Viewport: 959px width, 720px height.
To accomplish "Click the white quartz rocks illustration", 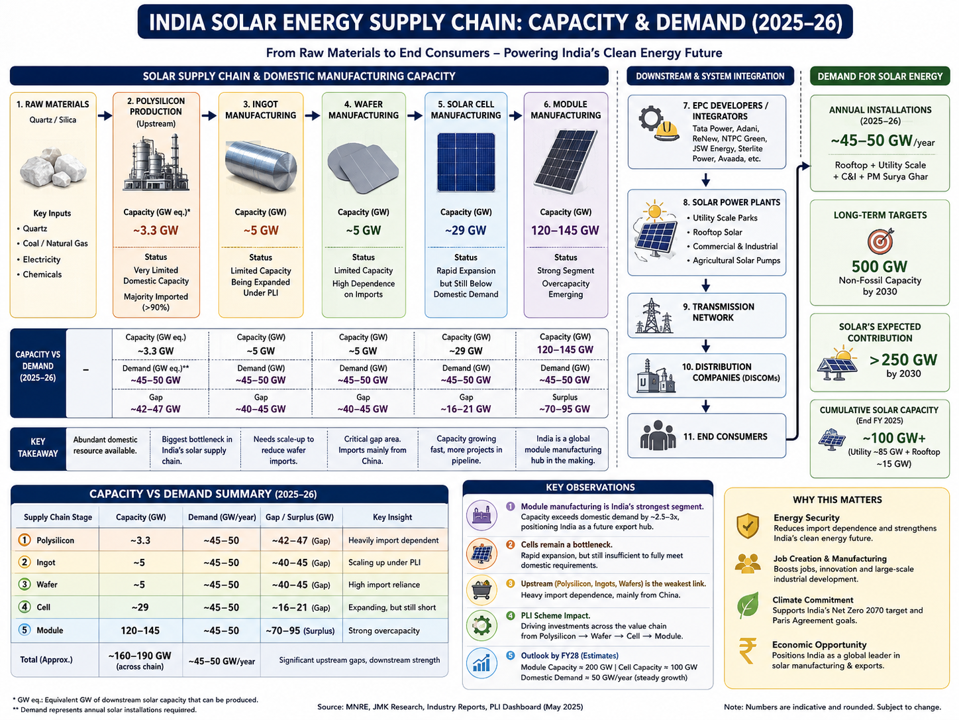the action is tap(53, 167).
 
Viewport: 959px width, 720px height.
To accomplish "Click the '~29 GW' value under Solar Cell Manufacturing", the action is tap(466, 230).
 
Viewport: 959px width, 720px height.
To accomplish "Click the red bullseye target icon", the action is tap(880, 241).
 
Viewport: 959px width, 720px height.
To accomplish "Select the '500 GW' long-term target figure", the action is tap(880, 267).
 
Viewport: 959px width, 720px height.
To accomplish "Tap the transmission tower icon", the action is tap(653, 316).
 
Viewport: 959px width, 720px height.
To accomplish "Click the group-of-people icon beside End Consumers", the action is tap(658, 436).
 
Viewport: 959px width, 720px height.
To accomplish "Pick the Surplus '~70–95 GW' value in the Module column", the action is tap(564, 409).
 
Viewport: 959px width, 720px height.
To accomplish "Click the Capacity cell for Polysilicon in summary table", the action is tap(140, 540).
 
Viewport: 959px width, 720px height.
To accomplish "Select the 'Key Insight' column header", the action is tap(392, 517).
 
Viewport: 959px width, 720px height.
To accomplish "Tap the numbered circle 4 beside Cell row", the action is tap(25, 607).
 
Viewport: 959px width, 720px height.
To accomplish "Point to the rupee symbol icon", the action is tap(748, 651).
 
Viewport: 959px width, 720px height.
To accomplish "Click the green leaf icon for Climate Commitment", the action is tap(748, 605).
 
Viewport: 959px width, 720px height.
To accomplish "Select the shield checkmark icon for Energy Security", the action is tap(748, 526).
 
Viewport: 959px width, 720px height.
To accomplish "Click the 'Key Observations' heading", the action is tap(590, 487).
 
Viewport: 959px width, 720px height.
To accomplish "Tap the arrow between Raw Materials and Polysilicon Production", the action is tap(105, 115).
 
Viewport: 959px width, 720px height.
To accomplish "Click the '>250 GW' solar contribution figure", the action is tap(903, 360).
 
